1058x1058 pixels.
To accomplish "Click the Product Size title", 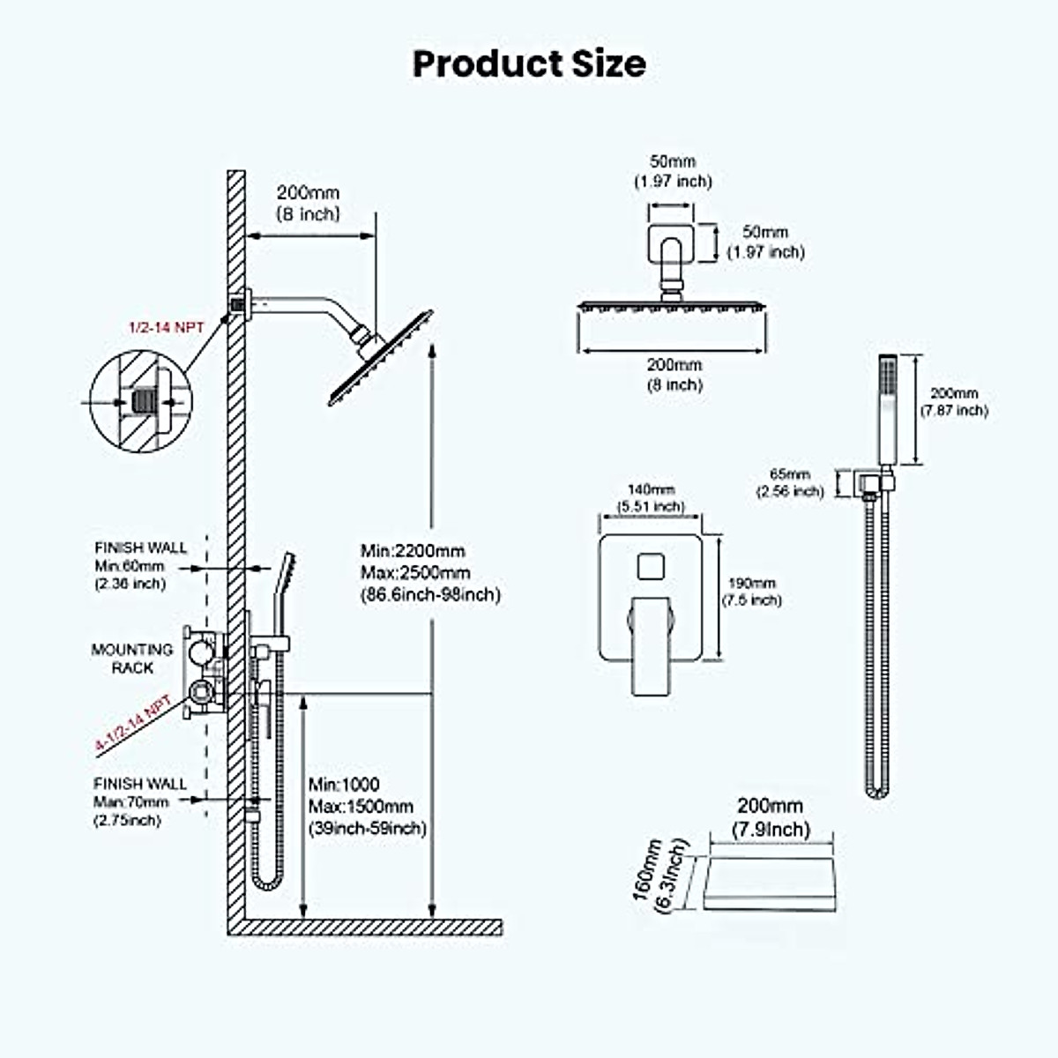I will tap(529, 63).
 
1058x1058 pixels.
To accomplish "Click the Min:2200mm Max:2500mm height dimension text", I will tap(429, 573).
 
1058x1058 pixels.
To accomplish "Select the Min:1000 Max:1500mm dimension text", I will tap(367, 807).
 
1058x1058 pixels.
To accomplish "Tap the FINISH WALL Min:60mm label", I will tap(141, 565).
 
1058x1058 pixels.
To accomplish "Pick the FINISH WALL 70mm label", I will tap(139, 801).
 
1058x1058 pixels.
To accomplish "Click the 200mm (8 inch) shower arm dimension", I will tap(308, 203).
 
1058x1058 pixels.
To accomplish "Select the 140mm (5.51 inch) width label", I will tap(651, 497).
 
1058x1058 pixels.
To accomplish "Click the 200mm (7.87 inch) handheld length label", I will tap(954, 402).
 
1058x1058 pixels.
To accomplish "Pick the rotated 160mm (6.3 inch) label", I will tap(659, 876).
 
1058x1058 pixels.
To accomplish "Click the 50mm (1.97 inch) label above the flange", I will tap(672, 171).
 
